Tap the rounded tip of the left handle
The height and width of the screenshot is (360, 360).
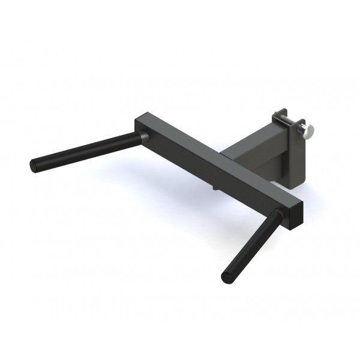(x=34, y=163)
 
